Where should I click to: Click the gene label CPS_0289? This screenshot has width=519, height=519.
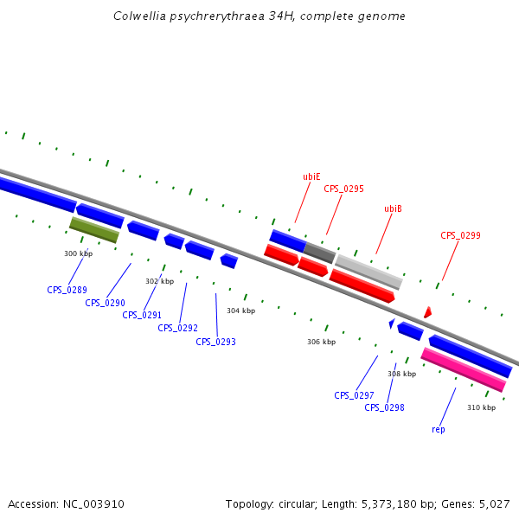tap(67, 290)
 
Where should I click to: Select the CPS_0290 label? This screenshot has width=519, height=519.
tap(105, 303)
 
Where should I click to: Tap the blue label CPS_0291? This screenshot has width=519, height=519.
tap(142, 315)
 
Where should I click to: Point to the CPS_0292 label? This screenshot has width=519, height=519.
tap(177, 328)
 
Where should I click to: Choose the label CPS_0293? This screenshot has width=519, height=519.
tap(215, 342)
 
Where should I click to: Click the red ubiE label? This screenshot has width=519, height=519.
tap(311, 176)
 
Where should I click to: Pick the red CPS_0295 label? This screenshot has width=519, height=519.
tap(343, 189)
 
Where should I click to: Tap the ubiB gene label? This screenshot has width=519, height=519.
tap(393, 208)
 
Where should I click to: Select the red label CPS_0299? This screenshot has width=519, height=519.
tap(460, 235)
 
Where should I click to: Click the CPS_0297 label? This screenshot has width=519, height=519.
tap(354, 395)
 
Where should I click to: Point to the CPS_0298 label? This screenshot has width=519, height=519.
tap(384, 407)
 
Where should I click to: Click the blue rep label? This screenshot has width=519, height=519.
tap(438, 429)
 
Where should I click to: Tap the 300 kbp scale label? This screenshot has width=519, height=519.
tap(78, 253)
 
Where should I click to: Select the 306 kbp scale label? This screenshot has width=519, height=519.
tap(321, 342)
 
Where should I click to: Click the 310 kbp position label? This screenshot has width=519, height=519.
tap(481, 407)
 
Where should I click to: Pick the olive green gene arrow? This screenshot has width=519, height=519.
tap(94, 229)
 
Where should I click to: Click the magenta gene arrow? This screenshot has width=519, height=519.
tap(463, 369)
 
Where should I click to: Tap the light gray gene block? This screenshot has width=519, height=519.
tap(368, 272)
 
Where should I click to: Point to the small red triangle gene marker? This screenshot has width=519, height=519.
tap(427, 312)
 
